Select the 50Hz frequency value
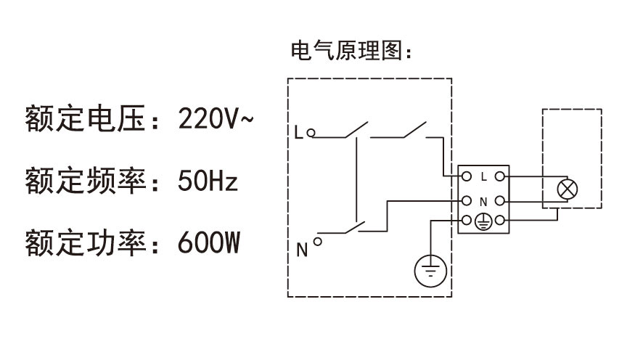[x=208, y=180]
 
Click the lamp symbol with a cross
[x=567, y=190]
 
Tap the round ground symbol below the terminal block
[x=430, y=273]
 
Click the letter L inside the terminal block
[x=483, y=176]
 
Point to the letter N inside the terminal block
[x=483, y=200]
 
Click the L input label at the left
[x=298, y=133]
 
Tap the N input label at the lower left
[x=301, y=251]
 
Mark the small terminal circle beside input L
[x=311, y=133]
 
